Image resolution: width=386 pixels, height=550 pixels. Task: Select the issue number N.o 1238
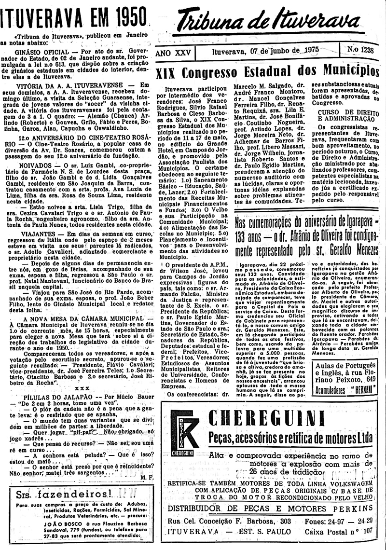pos(362,50)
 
